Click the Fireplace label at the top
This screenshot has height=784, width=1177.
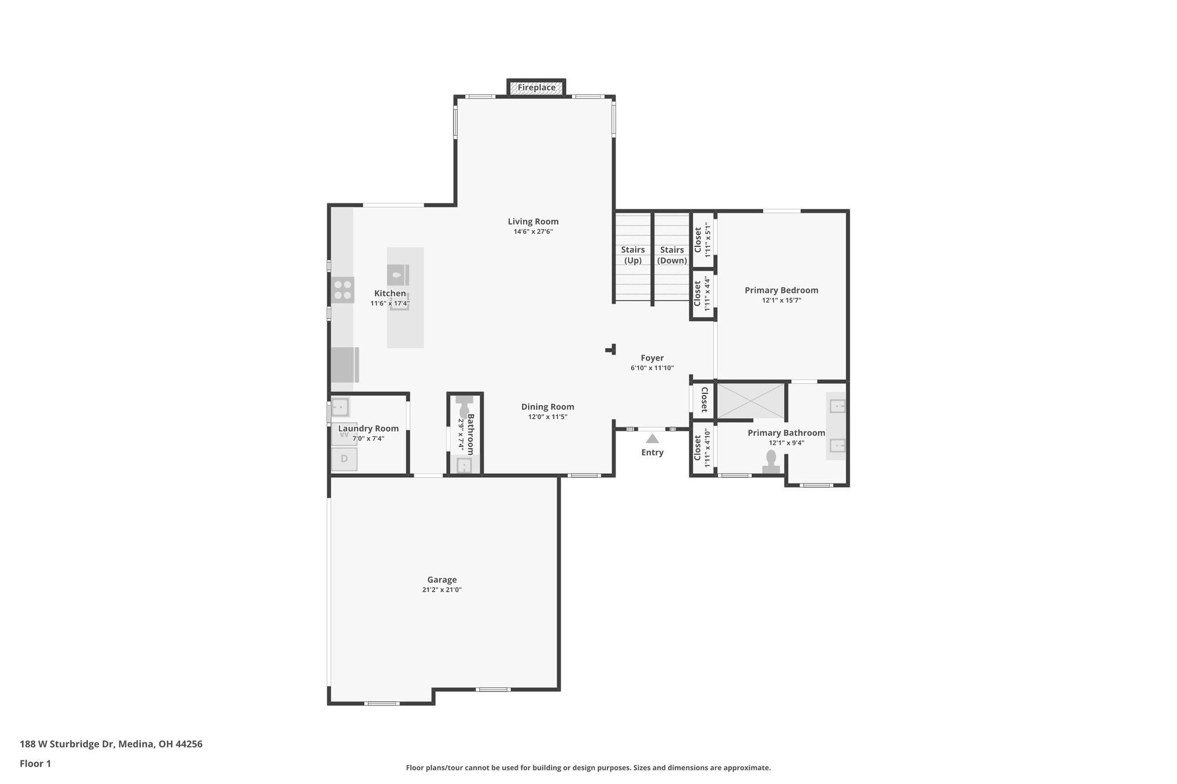[x=536, y=88]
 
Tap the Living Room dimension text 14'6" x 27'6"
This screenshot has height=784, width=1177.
[x=533, y=232]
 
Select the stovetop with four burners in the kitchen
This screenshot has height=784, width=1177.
[x=343, y=290]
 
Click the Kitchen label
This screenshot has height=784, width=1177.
[x=390, y=293]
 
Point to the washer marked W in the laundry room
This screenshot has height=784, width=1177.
[x=344, y=434]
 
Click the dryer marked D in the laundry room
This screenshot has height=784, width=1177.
[x=344, y=459]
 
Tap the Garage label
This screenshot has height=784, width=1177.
[x=441, y=580]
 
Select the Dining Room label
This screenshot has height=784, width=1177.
[x=547, y=407]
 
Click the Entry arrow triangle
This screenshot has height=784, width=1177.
[x=652, y=439]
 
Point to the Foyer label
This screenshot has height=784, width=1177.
[x=652, y=358]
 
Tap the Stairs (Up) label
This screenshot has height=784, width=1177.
[x=633, y=255]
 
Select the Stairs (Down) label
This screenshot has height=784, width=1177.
[x=672, y=255]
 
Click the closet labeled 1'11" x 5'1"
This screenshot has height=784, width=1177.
[x=702, y=240]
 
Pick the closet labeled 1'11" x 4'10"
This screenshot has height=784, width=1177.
[x=702, y=448]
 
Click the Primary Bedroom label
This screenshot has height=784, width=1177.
[x=781, y=291]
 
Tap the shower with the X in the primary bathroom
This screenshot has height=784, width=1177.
[x=751, y=401]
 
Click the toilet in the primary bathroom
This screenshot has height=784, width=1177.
[x=771, y=461]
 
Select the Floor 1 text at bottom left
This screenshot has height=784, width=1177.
[x=35, y=763]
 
